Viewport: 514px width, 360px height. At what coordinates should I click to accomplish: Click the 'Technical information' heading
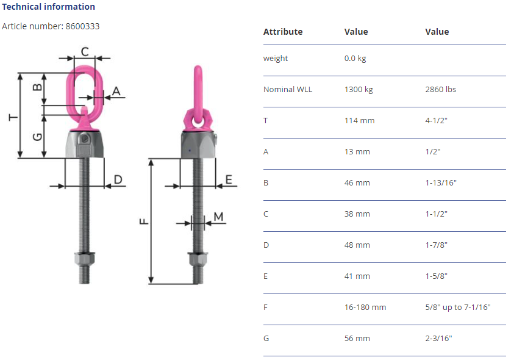click(49, 7)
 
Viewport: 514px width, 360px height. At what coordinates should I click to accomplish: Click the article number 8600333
click(82, 26)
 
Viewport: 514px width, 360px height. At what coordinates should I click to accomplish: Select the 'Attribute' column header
click(283, 32)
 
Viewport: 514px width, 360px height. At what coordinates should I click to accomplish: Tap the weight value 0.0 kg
click(355, 59)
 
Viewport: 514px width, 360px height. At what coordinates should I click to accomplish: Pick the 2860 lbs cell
click(441, 89)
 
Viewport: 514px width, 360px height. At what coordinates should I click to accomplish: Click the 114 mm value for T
click(359, 120)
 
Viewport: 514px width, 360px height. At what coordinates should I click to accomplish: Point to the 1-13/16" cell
click(441, 182)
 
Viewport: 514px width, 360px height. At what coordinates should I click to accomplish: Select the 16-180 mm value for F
click(365, 307)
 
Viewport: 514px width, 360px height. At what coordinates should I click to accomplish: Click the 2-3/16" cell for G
click(438, 338)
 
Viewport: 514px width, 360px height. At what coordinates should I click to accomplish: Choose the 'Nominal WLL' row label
click(288, 89)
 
